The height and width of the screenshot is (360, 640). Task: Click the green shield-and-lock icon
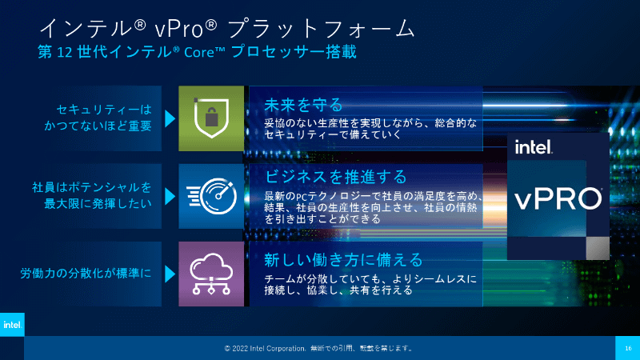211,118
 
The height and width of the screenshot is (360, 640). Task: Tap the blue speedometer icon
211,196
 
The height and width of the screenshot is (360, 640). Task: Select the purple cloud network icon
211,274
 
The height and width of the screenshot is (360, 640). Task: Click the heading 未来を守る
303,105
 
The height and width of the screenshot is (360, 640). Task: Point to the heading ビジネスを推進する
335,177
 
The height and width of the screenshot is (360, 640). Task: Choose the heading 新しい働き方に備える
343,259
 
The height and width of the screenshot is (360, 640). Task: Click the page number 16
628,348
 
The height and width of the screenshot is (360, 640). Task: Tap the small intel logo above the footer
12,325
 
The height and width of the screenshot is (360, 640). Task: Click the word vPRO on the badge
558,198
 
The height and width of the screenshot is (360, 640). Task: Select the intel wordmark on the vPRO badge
534,147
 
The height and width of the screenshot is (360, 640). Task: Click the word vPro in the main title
178,29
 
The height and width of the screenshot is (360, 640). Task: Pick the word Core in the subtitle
199,53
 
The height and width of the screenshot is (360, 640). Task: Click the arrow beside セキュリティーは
170,118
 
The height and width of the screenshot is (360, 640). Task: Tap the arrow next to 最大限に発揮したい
170,196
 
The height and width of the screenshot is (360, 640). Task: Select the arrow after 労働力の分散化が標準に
170,274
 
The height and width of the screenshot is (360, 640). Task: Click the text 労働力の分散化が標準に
86,274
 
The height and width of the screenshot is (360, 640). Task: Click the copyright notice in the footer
318,348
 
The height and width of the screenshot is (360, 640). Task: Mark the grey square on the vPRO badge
598,248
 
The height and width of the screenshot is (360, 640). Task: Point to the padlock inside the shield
211,117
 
